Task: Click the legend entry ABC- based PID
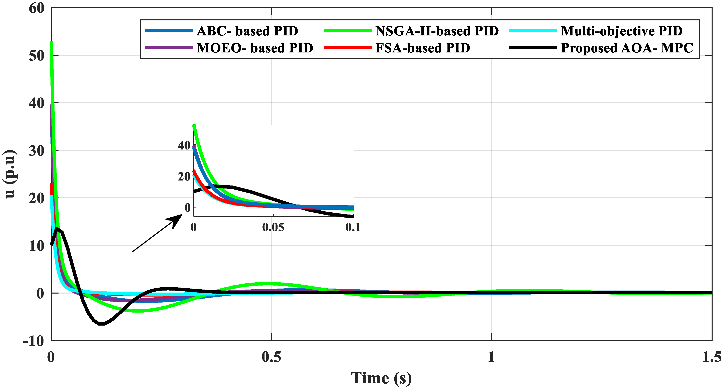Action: [x=247, y=31]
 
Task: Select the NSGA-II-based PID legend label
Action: [x=437, y=31]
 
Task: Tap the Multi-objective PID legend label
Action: [x=621, y=31]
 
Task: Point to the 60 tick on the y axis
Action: [x=36, y=8]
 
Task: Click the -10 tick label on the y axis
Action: [x=34, y=341]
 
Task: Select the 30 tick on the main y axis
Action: [x=36, y=151]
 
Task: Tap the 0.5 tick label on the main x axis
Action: [x=271, y=357]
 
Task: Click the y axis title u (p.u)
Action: [x=10, y=174]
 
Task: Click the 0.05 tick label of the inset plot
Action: [x=273, y=227]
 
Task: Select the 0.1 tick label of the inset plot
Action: [x=352, y=227]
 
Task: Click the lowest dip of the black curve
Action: [x=102, y=324]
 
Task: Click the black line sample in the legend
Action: [x=533, y=48]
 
